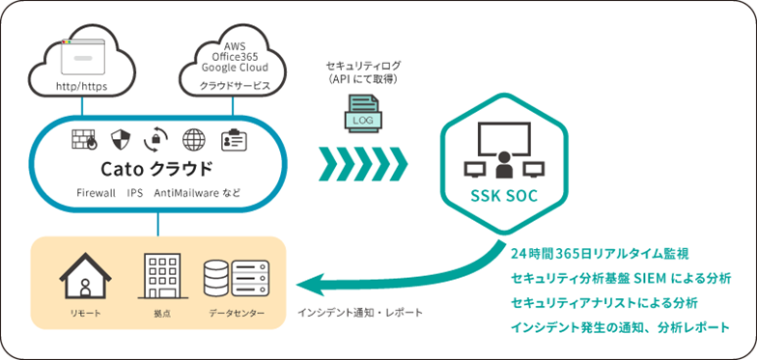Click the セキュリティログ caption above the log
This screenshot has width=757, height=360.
(362, 65)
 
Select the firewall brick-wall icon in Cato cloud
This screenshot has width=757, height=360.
(85, 139)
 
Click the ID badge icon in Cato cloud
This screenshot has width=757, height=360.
(233, 139)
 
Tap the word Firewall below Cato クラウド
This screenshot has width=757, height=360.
(96, 193)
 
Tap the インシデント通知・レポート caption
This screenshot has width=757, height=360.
(359, 313)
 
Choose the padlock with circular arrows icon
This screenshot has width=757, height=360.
(156, 139)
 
